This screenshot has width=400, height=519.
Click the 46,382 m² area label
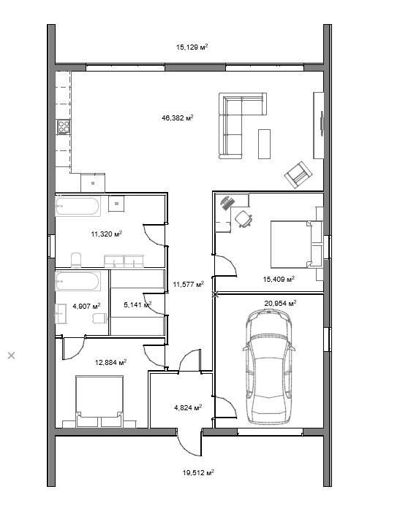point(178,118)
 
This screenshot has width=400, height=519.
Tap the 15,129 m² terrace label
point(192,47)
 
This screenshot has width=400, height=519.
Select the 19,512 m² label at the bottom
point(198,472)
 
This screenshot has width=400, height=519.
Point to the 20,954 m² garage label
point(280,303)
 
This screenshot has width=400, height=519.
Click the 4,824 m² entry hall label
point(188,407)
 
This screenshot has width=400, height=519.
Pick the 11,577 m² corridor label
point(189,284)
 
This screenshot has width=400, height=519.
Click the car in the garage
point(269,366)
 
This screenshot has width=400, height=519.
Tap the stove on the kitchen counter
point(64,126)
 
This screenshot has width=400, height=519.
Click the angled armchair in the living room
point(298,174)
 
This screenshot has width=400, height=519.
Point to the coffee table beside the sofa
point(264,144)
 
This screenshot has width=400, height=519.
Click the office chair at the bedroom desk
point(244,219)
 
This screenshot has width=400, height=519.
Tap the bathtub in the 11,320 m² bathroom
point(78,206)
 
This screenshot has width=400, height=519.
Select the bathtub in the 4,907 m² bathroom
point(78,281)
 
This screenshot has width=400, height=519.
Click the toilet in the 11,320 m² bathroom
point(76,260)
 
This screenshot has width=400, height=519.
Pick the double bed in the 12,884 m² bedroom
point(99,401)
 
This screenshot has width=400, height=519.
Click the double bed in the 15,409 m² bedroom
point(296,245)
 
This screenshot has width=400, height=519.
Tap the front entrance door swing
point(189,443)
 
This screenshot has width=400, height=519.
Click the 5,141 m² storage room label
point(137,304)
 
